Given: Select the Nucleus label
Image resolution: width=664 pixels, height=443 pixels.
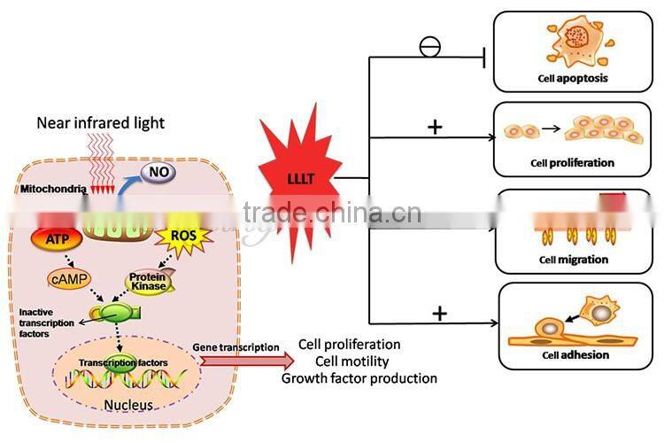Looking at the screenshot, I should click(x=127, y=406).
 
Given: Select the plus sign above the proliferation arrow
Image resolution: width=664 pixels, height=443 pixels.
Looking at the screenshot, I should click(x=434, y=127).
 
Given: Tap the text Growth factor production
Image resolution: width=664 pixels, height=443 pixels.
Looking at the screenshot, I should click(x=359, y=378).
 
